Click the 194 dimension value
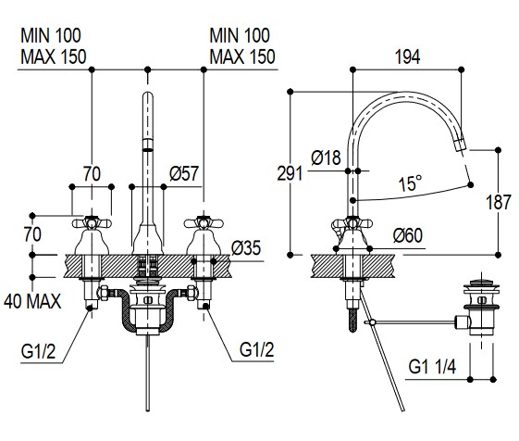click(408, 57)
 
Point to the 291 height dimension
click(290, 173)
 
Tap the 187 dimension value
click(499, 202)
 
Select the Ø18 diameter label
click(326, 157)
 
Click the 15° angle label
click(411, 183)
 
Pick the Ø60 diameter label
click(408, 235)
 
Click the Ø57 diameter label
click(184, 173)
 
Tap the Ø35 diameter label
click(246, 247)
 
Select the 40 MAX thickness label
click(32, 302)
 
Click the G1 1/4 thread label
click(432, 367)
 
